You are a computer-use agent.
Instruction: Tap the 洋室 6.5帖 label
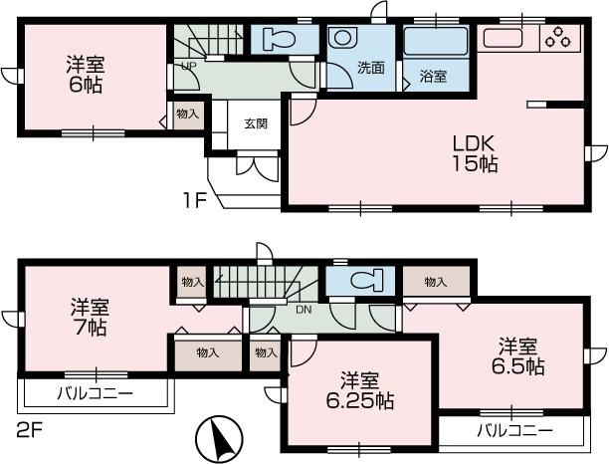pos(519,356)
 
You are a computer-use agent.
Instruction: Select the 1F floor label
pos(193,198)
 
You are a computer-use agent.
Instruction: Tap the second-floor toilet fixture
pos(362,282)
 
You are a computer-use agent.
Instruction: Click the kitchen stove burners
pos(555,39)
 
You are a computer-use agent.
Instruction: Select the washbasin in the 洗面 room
pos(342,39)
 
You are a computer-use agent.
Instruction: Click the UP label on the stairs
pos(187,68)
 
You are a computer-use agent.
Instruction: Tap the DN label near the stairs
pos(304,308)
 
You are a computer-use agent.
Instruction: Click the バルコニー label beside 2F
pos(93,394)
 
